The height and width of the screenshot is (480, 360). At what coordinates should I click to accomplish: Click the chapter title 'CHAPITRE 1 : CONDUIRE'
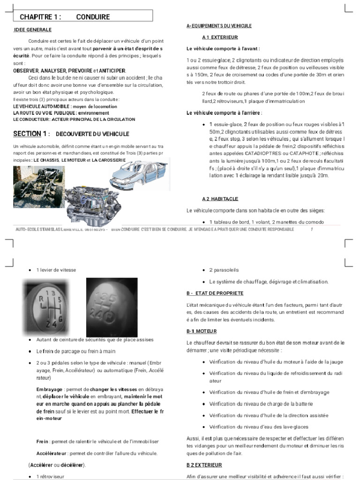point(65,17)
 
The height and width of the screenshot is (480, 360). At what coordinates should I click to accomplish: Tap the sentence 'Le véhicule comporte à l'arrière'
point(224,113)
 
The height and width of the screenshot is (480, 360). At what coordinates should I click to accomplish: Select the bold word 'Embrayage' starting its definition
point(49,390)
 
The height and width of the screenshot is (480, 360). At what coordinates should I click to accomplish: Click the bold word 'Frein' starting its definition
point(42,442)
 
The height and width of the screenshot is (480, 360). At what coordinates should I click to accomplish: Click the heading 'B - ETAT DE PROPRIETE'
point(215,293)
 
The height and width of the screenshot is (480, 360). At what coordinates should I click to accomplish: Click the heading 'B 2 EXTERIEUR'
point(204,465)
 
